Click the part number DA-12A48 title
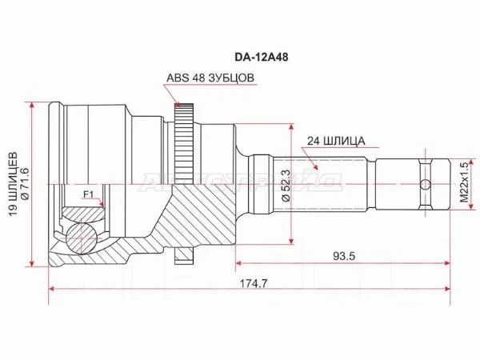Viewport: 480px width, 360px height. (261, 58)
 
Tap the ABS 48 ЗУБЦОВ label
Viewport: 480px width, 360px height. (210, 78)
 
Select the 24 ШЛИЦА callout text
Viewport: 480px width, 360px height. (336, 141)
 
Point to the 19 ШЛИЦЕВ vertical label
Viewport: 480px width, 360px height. (13, 184)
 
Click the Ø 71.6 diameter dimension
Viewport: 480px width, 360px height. (25, 184)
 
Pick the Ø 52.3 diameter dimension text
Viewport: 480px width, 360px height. (286, 186)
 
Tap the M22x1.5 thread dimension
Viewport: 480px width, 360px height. (464, 182)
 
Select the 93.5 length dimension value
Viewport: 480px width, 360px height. (344, 256)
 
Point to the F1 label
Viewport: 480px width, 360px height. (88, 194)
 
